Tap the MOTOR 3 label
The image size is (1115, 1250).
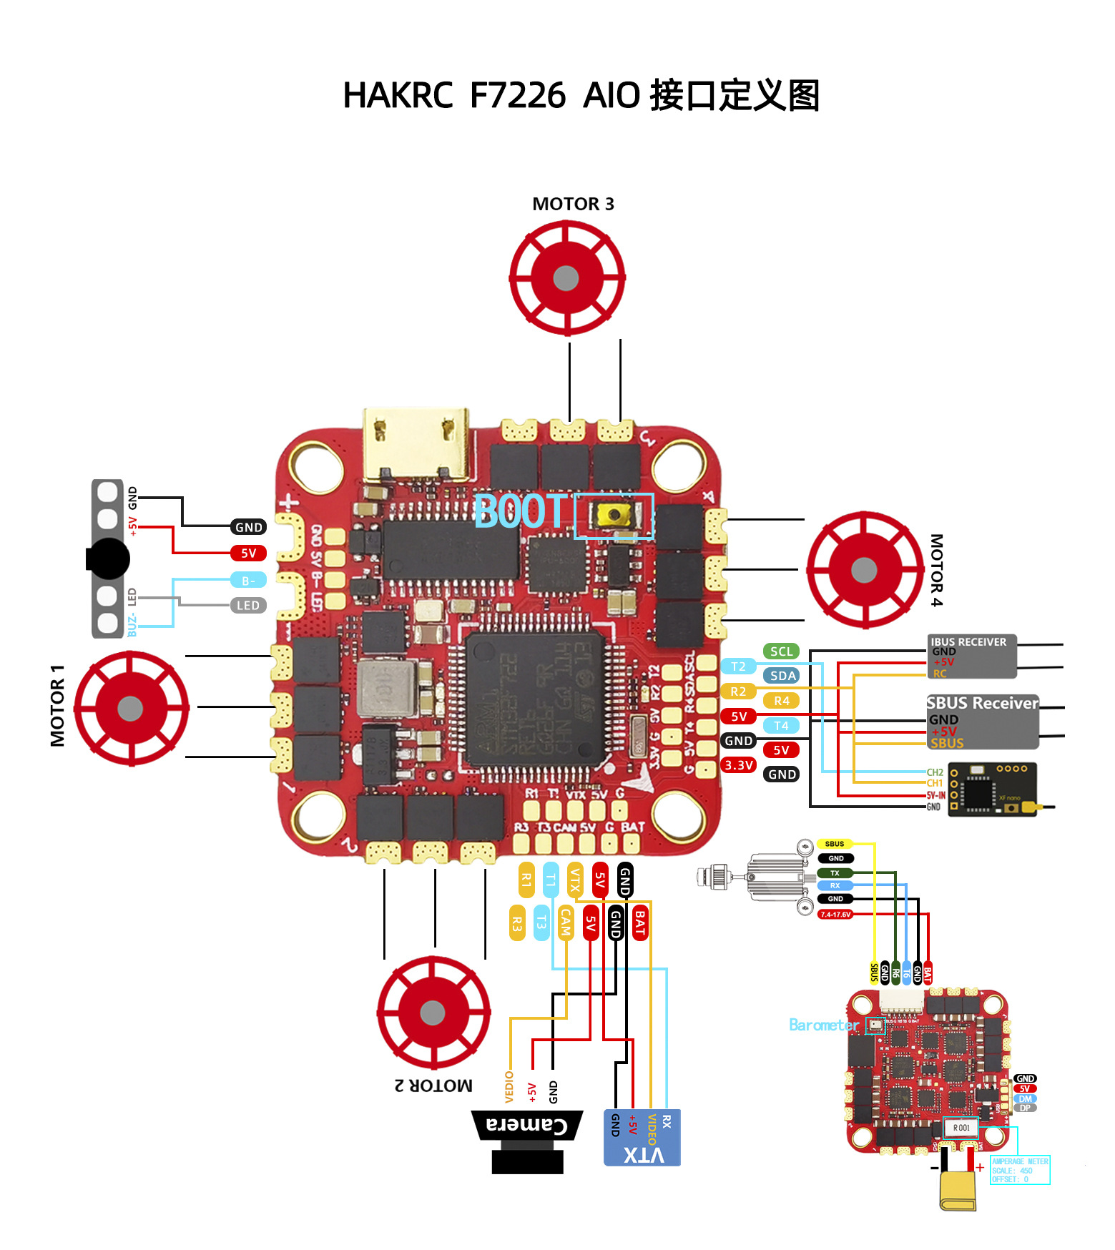573,204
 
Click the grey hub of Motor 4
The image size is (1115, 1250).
864,570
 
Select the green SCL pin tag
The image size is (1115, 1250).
781,651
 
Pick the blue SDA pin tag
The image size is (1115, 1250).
782,676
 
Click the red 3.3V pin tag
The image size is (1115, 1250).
739,765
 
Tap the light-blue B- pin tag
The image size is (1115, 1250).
248,581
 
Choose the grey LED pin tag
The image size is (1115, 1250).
248,606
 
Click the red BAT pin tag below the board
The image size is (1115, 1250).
640,922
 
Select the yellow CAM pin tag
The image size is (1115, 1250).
566,922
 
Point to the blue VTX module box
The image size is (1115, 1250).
642,1138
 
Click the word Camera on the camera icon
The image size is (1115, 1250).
526,1125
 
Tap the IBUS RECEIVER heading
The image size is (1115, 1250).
968,642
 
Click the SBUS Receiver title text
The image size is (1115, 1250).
982,703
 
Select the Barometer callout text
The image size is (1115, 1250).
823,1025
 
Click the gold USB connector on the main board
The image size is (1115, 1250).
416,444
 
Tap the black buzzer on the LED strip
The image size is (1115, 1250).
109,558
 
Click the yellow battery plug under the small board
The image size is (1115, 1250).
958,1191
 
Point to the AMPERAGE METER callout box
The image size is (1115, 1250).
1019,1170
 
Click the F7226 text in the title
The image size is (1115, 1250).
518,95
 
